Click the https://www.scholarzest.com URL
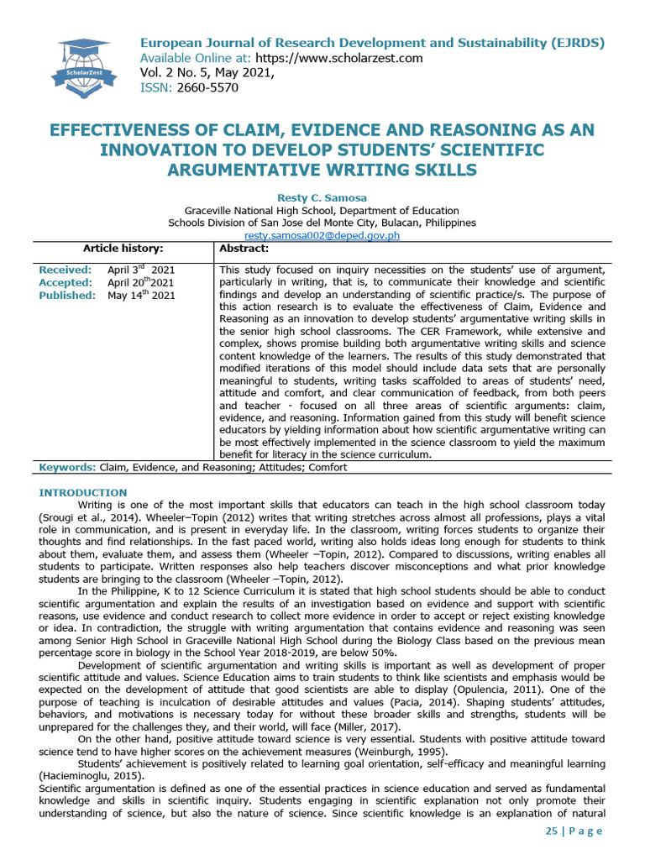tap(327, 58)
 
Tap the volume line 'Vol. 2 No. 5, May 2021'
tap(207, 73)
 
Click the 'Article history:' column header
tap(123, 249)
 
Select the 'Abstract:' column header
tap(244, 249)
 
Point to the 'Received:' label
tap(66, 270)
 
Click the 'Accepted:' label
tap(66, 283)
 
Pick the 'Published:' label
tap(67, 296)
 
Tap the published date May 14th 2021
tap(141, 296)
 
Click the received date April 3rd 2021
tap(141, 270)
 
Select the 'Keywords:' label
tap(68, 467)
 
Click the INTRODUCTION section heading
tap(83, 492)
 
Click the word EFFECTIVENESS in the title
tap(138, 130)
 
